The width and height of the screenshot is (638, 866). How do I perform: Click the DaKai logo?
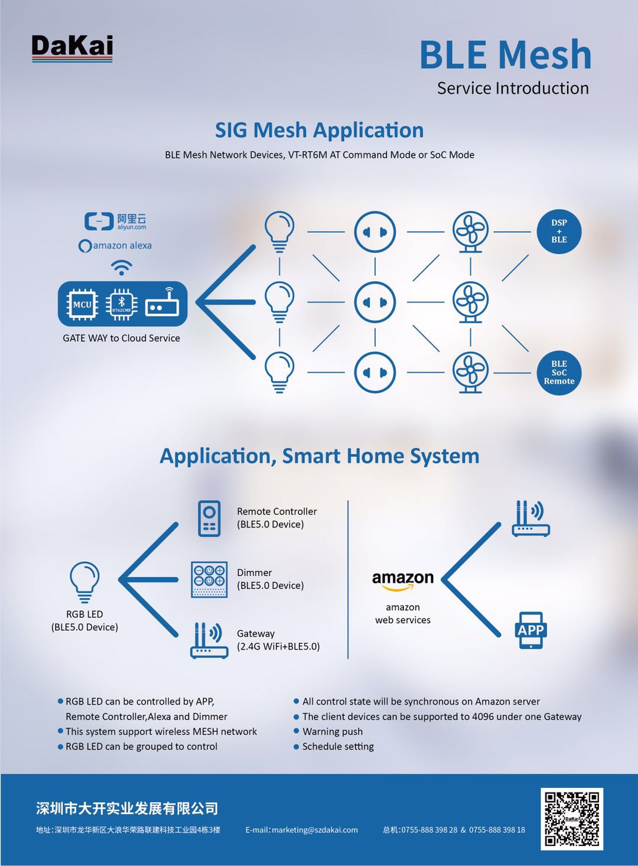[72, 47]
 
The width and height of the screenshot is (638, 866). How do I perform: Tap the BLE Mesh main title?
[505, 55]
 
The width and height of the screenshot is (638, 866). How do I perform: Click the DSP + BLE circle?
[559, 232]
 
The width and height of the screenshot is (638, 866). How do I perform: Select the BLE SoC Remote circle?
[559, 373]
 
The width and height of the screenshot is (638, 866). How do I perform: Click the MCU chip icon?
[82, 305]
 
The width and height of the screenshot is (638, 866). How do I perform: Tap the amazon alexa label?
[116, 246]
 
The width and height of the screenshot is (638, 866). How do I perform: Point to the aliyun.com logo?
[116, 222]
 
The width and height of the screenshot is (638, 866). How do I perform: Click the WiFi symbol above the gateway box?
[122, 268]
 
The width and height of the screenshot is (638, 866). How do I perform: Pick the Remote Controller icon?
[209, 518]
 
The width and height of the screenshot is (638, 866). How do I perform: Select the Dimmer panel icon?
[209, 579]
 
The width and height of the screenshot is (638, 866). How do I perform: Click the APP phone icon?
[530, 630]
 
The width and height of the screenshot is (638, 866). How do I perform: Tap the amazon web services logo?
[403, 581]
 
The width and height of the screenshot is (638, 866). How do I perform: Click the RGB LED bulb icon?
[84, 582]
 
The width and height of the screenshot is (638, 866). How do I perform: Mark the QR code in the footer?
[571, 819]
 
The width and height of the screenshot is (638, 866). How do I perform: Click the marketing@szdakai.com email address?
[302, 830]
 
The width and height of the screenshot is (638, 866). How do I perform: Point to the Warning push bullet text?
[332, 731]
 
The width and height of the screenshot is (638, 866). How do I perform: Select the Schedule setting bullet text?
[338, 747]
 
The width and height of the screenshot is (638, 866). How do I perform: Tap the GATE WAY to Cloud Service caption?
[121, 338]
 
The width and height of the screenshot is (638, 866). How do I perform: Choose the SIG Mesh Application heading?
[319, 130]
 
